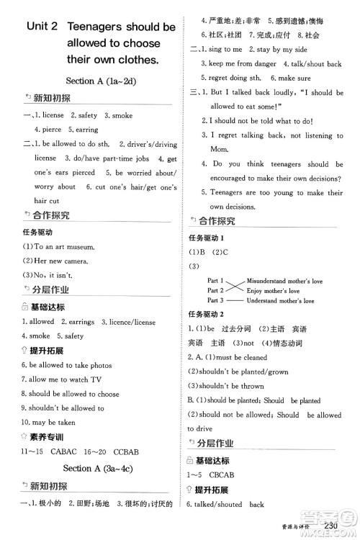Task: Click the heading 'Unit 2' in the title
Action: (40, 27)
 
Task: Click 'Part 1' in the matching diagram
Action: (217, 280)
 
